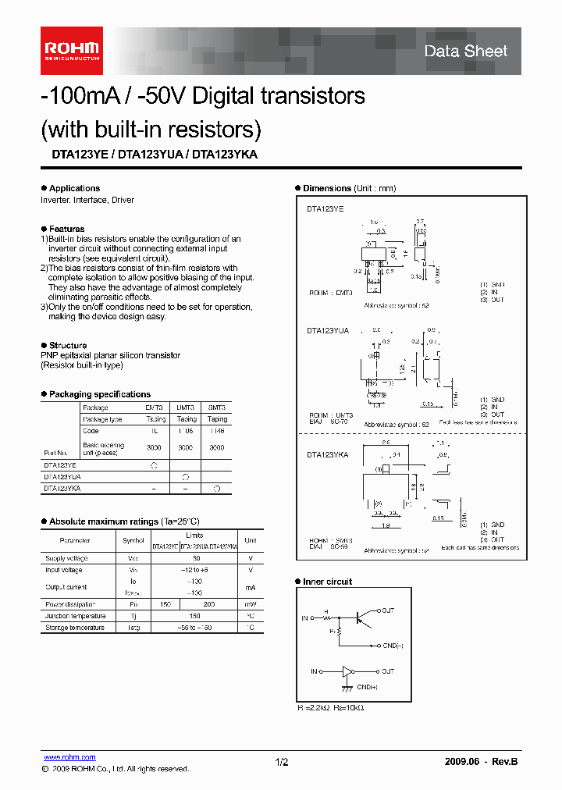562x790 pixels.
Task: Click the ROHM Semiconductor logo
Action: point(71,50)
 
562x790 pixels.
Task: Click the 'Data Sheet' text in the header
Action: point(465,52)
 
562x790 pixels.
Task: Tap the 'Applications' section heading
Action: point(74,188)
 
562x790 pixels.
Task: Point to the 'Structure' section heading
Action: point(68,345)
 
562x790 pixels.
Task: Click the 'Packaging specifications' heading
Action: point(99,394)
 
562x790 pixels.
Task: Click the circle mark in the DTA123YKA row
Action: point(217,488)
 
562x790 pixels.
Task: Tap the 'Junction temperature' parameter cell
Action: point(75,616)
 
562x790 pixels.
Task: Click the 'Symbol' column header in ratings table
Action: point(133,540)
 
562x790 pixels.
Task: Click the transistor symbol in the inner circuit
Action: point(361,617)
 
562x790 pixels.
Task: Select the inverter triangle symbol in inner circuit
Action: point(348,671)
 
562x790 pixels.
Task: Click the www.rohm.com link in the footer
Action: point(69,757)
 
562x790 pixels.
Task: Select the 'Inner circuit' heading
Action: point(327,582)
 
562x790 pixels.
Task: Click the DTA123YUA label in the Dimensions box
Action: point(328,331)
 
